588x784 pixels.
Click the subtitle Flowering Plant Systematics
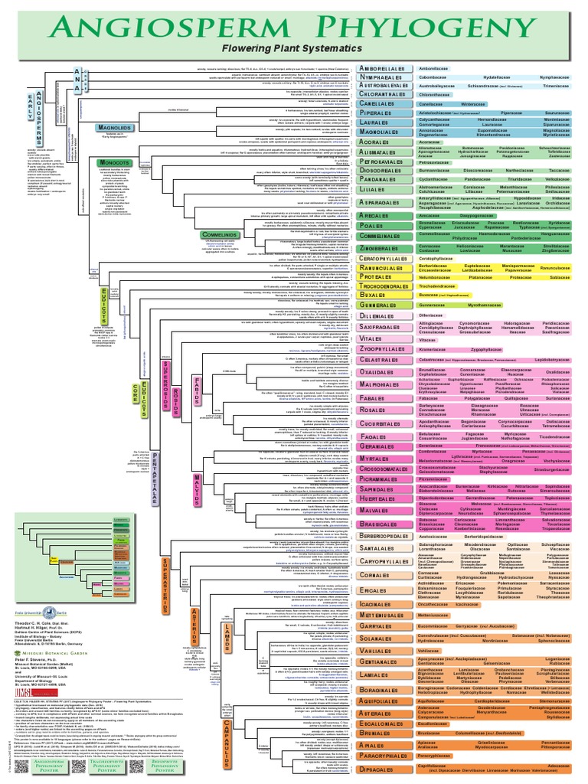tap(294, 48)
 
